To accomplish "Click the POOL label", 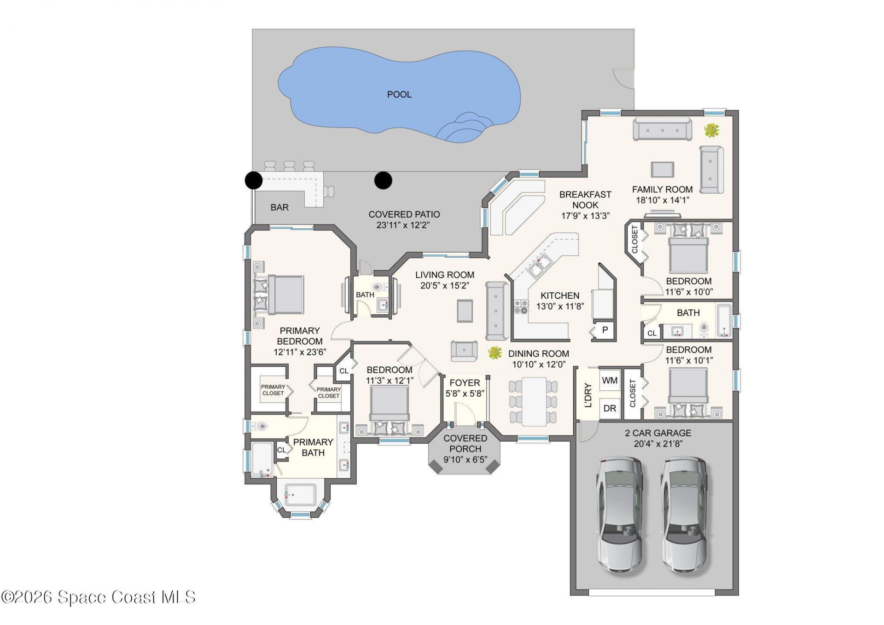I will (399, 94).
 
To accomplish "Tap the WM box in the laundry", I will (609, 381).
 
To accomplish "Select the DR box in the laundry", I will (609, 408).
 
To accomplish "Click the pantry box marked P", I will (605, 330).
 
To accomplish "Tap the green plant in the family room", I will (711, 130).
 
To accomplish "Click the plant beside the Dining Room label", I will (494, 353).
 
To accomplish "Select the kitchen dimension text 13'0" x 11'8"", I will (560, 306).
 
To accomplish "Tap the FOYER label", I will (465, 383).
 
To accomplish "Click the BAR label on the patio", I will (279, 208).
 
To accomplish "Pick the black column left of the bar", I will (253, 180).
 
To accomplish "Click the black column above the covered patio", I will (383, 180).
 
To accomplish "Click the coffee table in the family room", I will (662, 169).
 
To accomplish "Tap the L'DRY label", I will (588, 395).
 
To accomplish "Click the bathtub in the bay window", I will (300, 494).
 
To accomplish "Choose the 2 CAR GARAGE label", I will (658, 433).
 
